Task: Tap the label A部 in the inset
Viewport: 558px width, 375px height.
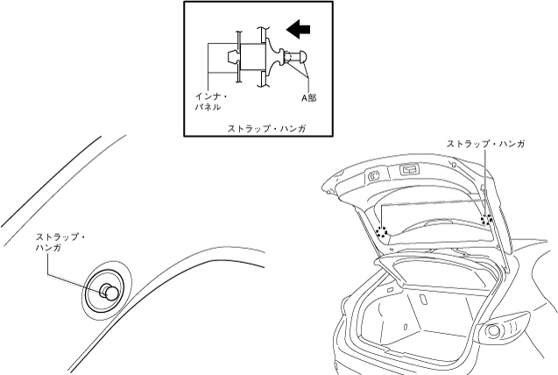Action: (309, 98)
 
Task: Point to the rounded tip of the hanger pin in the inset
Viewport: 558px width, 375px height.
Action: (301, 58)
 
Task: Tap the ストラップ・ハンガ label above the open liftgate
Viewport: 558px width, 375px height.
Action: (485, 143)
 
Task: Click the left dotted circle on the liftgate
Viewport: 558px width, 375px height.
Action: (382, 232)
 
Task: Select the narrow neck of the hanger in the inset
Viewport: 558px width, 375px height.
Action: (286, 58)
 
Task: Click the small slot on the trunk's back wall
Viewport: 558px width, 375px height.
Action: (424, 300)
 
